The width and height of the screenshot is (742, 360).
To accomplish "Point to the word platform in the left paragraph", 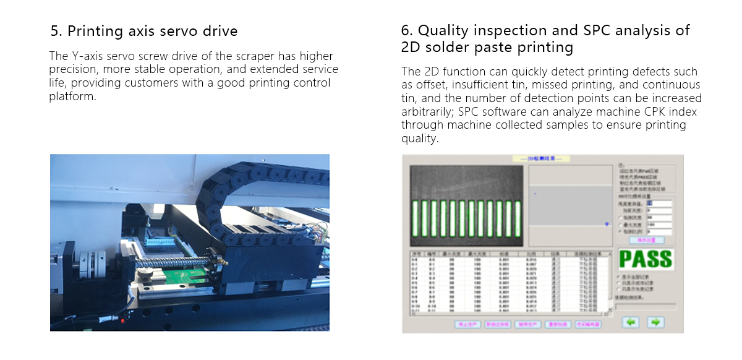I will click(x=72, y=97).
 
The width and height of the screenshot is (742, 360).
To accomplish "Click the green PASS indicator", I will click(x=646, y=259).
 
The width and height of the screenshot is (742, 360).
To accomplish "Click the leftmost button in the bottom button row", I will click(x=467, y=324).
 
